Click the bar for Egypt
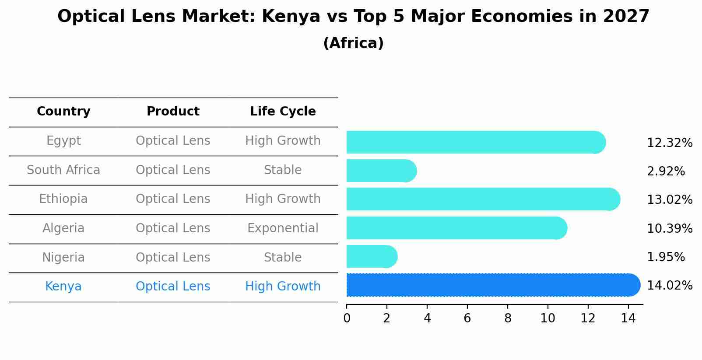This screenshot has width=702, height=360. click(475, 142)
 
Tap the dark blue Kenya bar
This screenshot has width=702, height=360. click(492, 285)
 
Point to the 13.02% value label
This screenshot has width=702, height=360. click(669, 200)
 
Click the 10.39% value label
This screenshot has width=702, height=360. click(669, 228)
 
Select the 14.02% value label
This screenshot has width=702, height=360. click(669, 286)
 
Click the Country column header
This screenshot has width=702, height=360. click(63, 112)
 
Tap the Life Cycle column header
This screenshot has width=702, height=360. click(283, 112)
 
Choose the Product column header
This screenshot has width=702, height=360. click(173, 112)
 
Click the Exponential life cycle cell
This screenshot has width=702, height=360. click(283, 228)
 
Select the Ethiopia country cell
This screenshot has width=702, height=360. click(63, 199)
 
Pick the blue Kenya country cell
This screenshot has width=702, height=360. click(63, 287)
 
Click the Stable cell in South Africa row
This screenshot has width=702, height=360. click(283, 170)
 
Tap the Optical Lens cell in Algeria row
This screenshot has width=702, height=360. click(173, 228)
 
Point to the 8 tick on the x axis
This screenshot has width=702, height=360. click(508, 318)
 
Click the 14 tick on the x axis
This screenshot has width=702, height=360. click(628, 318)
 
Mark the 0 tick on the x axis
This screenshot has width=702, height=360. click(347, 318)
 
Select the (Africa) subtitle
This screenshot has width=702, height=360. click(353, 43)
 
